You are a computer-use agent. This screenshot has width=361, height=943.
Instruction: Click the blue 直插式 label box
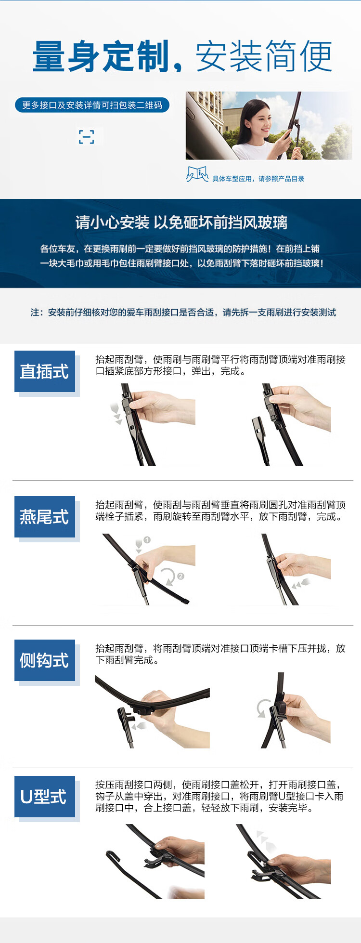[x=45, y=371]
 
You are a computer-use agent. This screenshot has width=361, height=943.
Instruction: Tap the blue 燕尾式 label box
[x=45, y=517]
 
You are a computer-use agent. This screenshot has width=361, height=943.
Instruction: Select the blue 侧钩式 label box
[x=45, y=660]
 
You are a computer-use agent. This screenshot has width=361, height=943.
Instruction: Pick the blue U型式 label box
[x=45, y=797]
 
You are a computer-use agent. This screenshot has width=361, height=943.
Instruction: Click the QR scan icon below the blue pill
[x=87, y=137]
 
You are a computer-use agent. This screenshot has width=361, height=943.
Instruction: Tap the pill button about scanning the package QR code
[x=92, y=105]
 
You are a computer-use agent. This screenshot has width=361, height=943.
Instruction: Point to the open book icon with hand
[x=197, y=174]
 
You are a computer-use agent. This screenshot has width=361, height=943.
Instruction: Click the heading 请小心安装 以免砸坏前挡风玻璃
[x=181, y=223]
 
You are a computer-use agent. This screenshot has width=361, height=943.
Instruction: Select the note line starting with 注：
[x=183, y=313]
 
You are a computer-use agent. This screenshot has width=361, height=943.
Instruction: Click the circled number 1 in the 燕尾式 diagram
[x=147, y=540]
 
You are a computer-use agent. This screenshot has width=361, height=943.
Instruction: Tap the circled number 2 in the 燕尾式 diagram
[x=180, y=576]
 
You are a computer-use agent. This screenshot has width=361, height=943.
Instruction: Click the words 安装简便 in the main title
[x=264, y=57]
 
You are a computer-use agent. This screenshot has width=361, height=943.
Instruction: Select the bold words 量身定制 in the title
[x=102, y=57]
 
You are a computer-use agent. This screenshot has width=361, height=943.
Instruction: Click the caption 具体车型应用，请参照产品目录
[x=258, y=179]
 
